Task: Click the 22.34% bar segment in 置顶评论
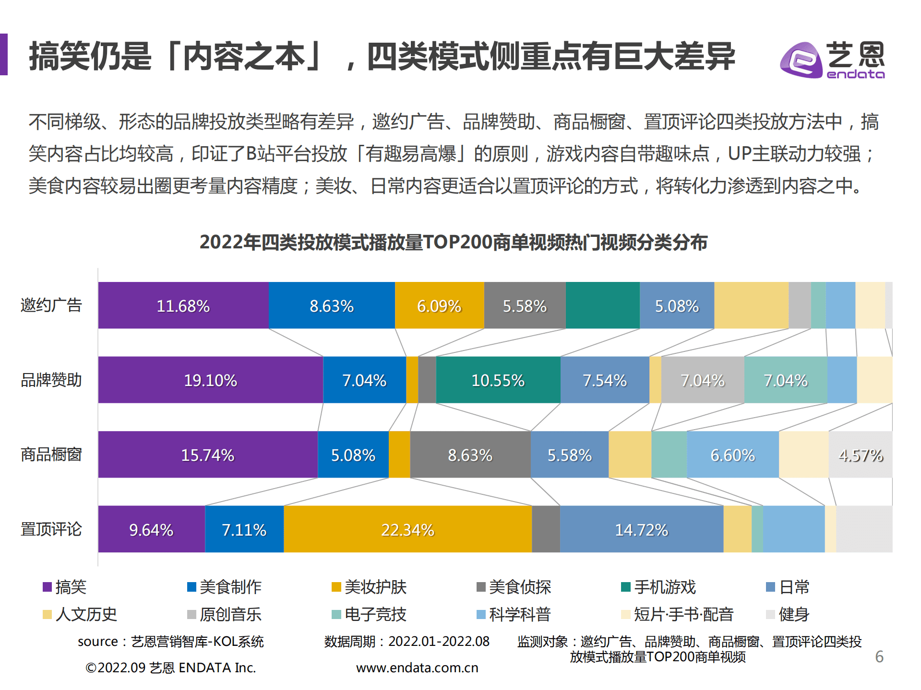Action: [407, 529]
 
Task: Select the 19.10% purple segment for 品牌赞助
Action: [210, 380]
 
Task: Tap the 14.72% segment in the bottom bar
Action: [641, 529]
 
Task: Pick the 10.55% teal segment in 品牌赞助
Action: [498, 380]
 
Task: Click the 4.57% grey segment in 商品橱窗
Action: [861, 455]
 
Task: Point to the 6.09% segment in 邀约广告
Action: [439, 305]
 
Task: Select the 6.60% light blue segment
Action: [732, 455]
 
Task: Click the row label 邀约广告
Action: [51, 305]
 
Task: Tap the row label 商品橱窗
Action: [51, 455]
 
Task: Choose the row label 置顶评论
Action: [51, 529]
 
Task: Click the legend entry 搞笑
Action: [65, 587]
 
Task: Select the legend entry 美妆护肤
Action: [370, 587]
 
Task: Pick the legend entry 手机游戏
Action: [658, 587]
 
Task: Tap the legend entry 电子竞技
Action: [370, 614]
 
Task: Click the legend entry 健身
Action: [788, 614]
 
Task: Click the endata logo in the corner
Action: [832, 60]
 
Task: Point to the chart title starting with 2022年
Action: [454, 242]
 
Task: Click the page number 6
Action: [879, 656]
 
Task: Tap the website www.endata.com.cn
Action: [417, 667]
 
